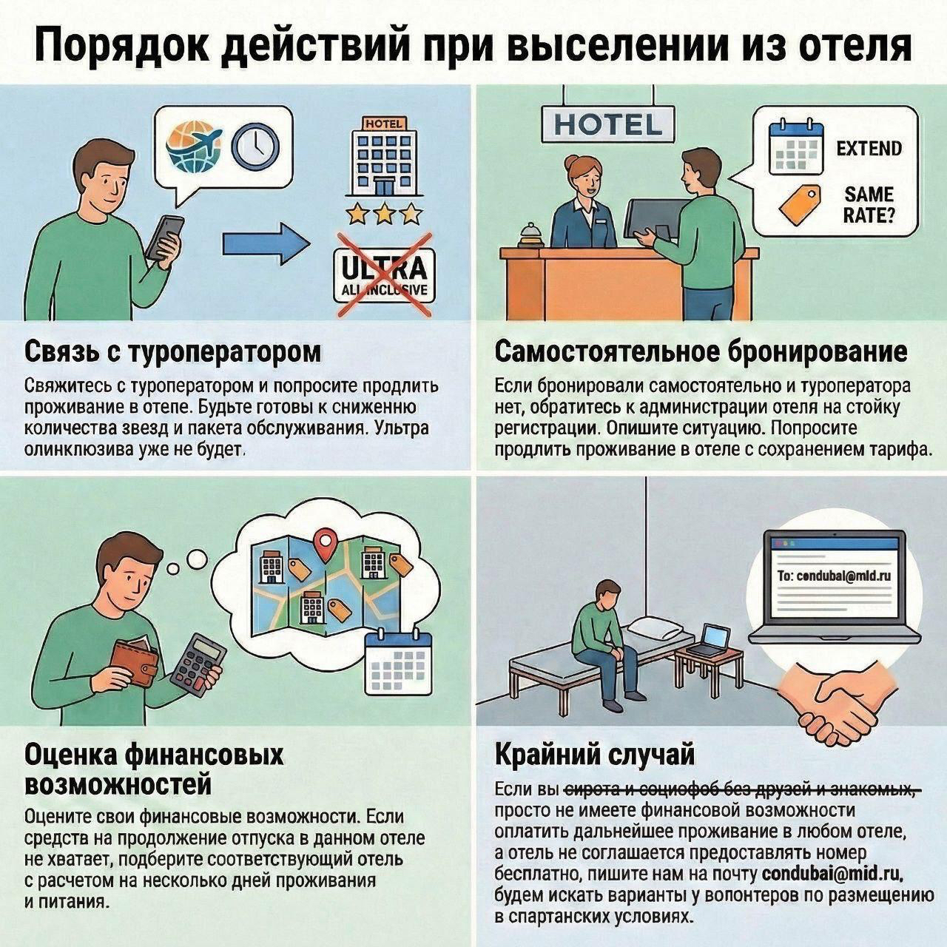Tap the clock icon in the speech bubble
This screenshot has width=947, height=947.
tap(255, 144)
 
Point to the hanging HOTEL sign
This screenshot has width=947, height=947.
tap(608, 124)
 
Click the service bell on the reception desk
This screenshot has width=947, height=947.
tap(531, 235)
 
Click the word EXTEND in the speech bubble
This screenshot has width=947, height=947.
tap(869, 149)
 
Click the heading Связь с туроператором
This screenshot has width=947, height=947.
tap(173, 351)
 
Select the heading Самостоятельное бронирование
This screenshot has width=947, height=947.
tap(700, 351)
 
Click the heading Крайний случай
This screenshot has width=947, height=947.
tap(595, 755)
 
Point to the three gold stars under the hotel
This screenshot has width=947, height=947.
tap(384, 215)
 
